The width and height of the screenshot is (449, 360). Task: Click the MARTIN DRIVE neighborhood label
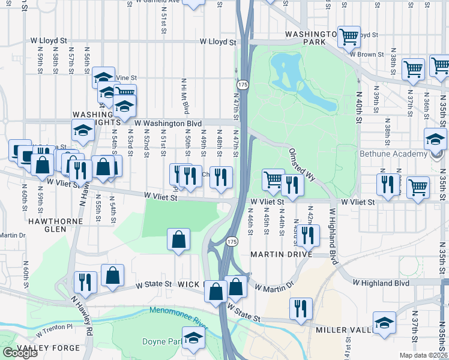282,254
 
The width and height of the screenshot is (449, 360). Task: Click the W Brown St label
367,54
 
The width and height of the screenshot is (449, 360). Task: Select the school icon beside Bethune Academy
435,140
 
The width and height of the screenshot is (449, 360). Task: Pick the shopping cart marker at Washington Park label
348,37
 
